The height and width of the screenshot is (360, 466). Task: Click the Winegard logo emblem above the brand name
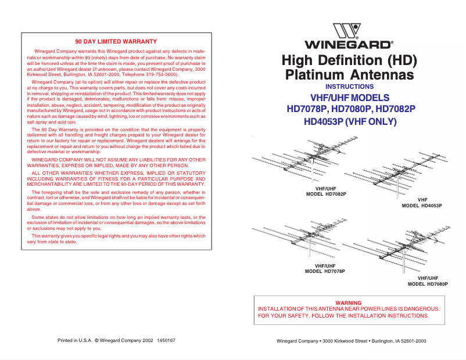click(x=347, y=31)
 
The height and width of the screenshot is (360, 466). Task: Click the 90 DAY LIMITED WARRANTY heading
click(x=116, y=42)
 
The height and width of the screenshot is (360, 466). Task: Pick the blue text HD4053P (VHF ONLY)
click(x=350, y=122)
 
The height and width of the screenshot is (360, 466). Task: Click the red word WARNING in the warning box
click(x=349, y=303)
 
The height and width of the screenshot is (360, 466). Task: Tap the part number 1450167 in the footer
click(x=167, y=340)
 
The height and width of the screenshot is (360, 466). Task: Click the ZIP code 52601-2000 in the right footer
click(x=411, y=341)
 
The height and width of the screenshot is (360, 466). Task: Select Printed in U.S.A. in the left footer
click(x=75, y=340)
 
